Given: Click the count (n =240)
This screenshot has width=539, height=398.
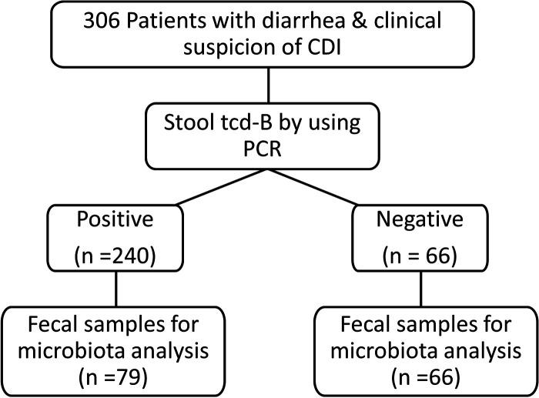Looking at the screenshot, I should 116,254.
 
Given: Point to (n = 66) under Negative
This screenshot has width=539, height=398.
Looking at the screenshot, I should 420,254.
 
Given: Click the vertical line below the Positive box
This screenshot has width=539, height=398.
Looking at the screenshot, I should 116,289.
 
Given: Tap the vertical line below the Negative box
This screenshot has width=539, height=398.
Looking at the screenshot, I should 420,289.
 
